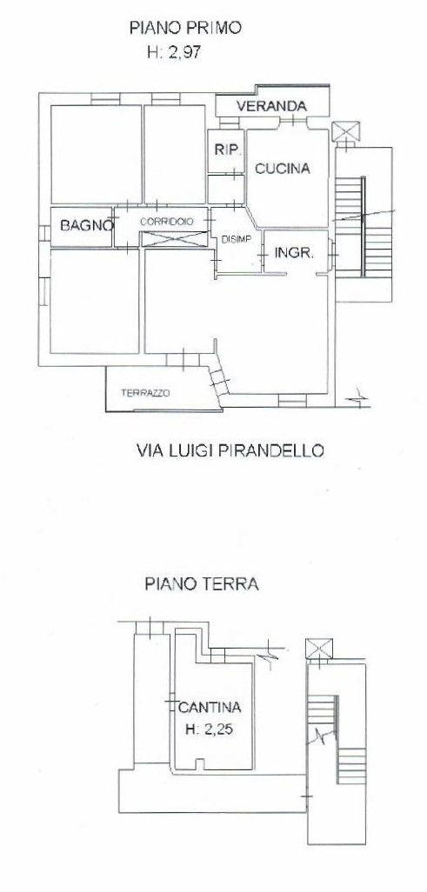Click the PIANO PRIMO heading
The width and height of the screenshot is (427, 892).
186,27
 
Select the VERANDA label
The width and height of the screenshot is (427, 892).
271,106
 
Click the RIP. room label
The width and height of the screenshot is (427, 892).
229,150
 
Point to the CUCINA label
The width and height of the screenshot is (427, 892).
282,169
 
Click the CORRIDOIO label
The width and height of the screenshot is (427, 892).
166,221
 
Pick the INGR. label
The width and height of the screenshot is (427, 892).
294,253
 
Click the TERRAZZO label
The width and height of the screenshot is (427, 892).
145,392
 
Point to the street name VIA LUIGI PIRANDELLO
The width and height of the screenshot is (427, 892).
230,450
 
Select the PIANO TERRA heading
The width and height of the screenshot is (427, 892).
202,584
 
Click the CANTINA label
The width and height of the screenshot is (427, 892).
210,708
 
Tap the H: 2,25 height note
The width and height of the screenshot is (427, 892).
210,729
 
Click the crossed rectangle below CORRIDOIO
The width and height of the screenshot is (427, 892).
174,239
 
